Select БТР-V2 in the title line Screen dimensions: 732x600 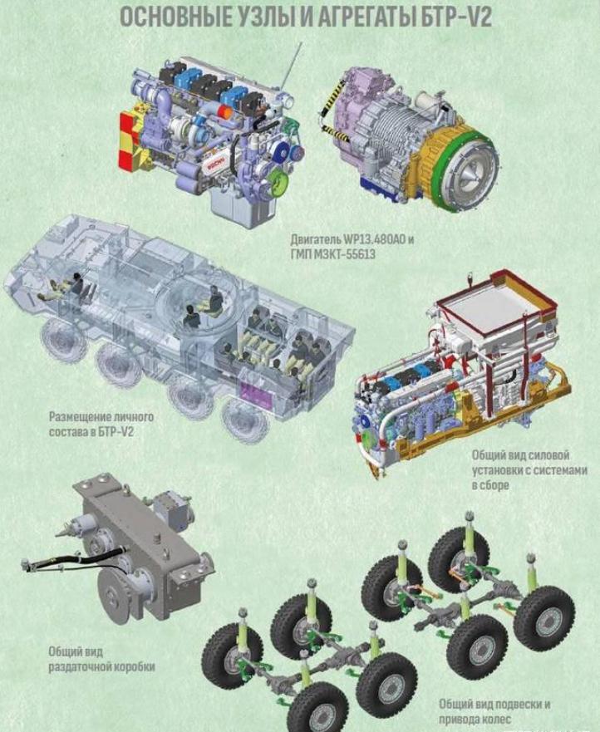pos(453,17)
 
